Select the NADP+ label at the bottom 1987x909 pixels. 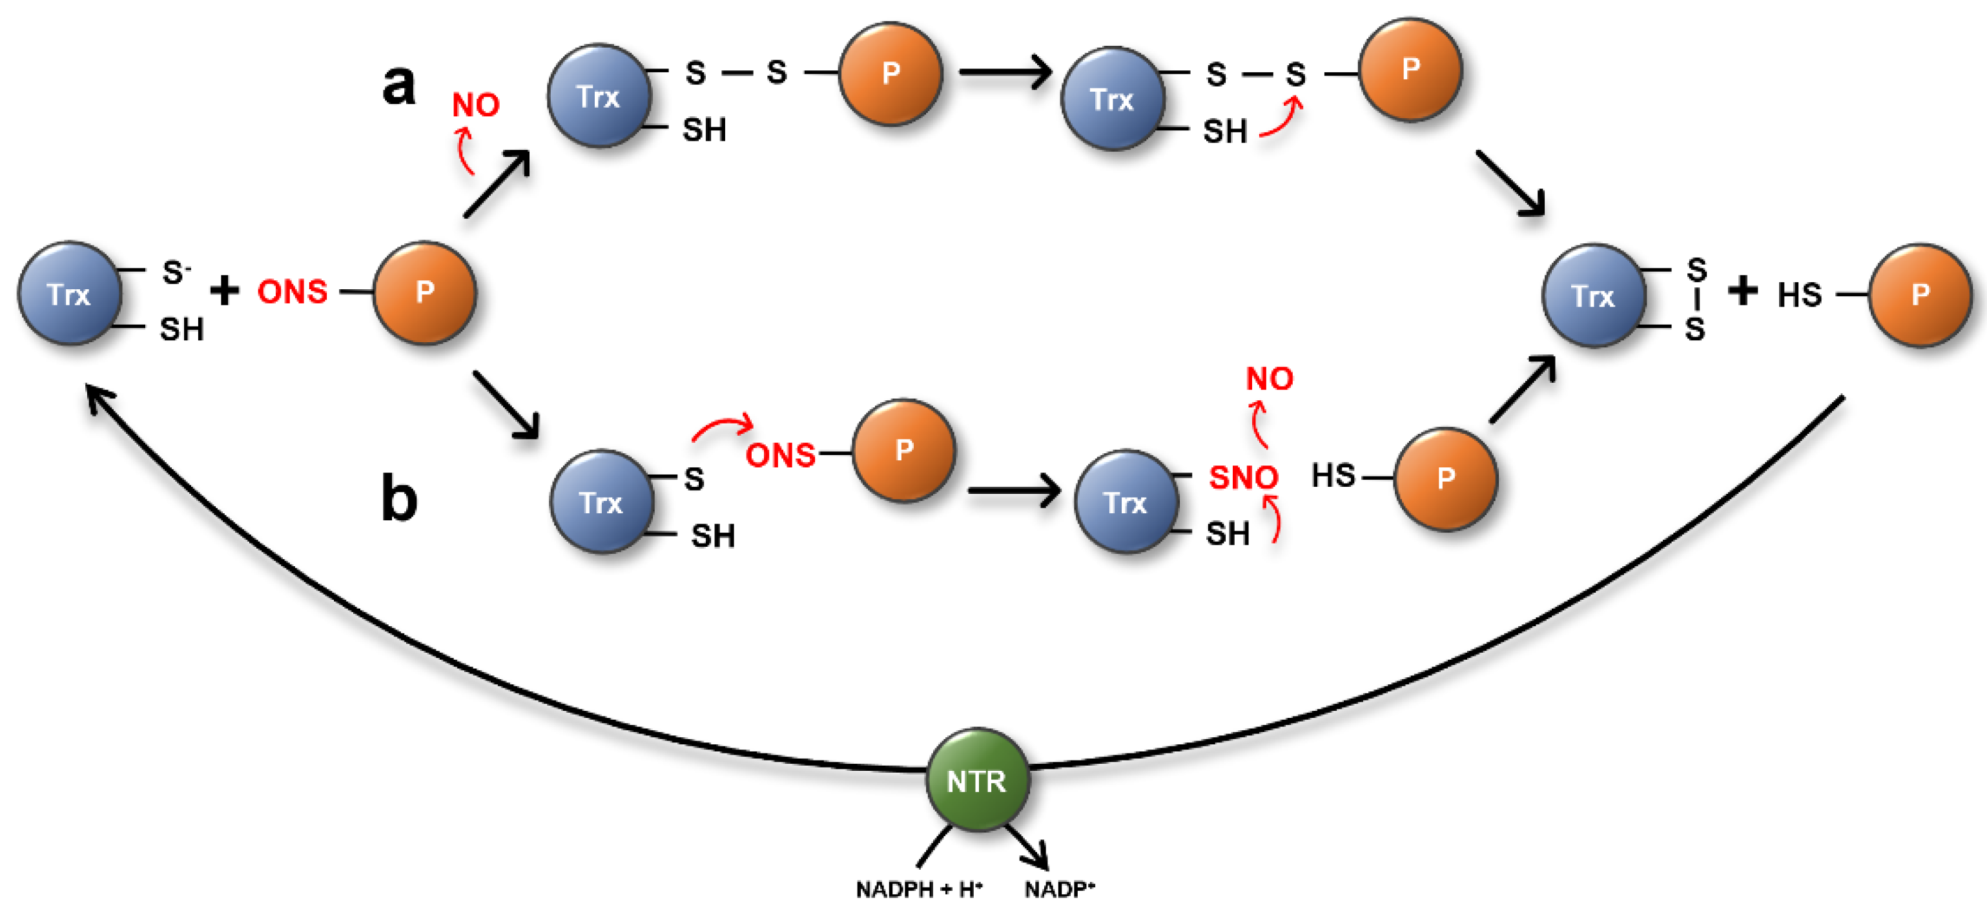tap(1059, 889)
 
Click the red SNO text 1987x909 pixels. tap(1242, 477)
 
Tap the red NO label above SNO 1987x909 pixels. tap(1269, 378)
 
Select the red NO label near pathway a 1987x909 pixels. tap(475, 105)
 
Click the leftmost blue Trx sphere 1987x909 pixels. tap(70, 293)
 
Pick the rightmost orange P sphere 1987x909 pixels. tap(1920, 294)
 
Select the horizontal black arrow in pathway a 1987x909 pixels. tap(1005, 72)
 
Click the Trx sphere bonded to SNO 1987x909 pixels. tap(1126, 501)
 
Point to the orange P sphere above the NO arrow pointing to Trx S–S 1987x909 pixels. tap(1410, 69)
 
